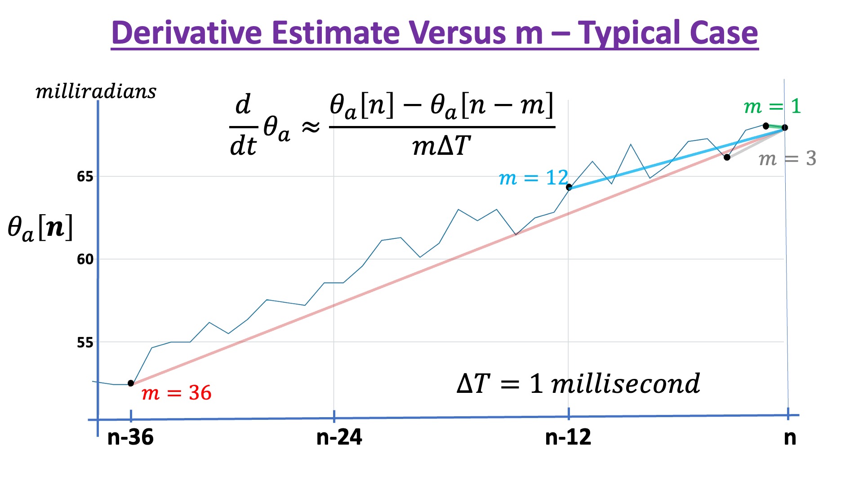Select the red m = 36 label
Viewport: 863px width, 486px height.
176,393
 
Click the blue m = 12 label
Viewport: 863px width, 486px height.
533,178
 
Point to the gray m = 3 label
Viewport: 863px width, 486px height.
787,158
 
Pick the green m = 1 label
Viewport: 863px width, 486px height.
772,107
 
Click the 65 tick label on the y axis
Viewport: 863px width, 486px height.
85,176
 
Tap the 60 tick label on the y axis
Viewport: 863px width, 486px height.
85,259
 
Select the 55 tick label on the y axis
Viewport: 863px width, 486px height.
85,342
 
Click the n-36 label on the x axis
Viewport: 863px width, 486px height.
130,437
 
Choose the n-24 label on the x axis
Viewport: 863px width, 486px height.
339,437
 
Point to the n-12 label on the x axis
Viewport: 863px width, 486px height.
568,437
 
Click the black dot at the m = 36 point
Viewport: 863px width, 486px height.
131,383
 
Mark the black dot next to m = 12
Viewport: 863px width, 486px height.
569,187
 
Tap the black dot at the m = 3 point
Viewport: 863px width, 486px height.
727,157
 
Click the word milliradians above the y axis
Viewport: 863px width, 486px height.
96,92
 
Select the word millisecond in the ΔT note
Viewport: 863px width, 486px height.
625,384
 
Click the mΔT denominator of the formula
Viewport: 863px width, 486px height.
441,146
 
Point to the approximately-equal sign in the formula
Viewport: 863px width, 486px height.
311,128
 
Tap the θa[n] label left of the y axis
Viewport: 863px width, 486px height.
40,228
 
